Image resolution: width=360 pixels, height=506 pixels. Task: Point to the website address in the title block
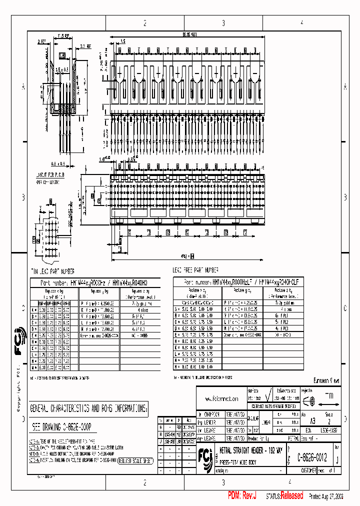click(x=221, y=399)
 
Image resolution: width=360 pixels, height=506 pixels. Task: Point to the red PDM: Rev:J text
click(x=242, y=495)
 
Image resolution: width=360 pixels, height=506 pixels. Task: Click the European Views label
click(x=326, y=381)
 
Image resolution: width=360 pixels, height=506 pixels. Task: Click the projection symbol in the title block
click(x=309, y=400)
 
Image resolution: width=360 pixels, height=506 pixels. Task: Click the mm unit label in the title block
click(x=329, y=395)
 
